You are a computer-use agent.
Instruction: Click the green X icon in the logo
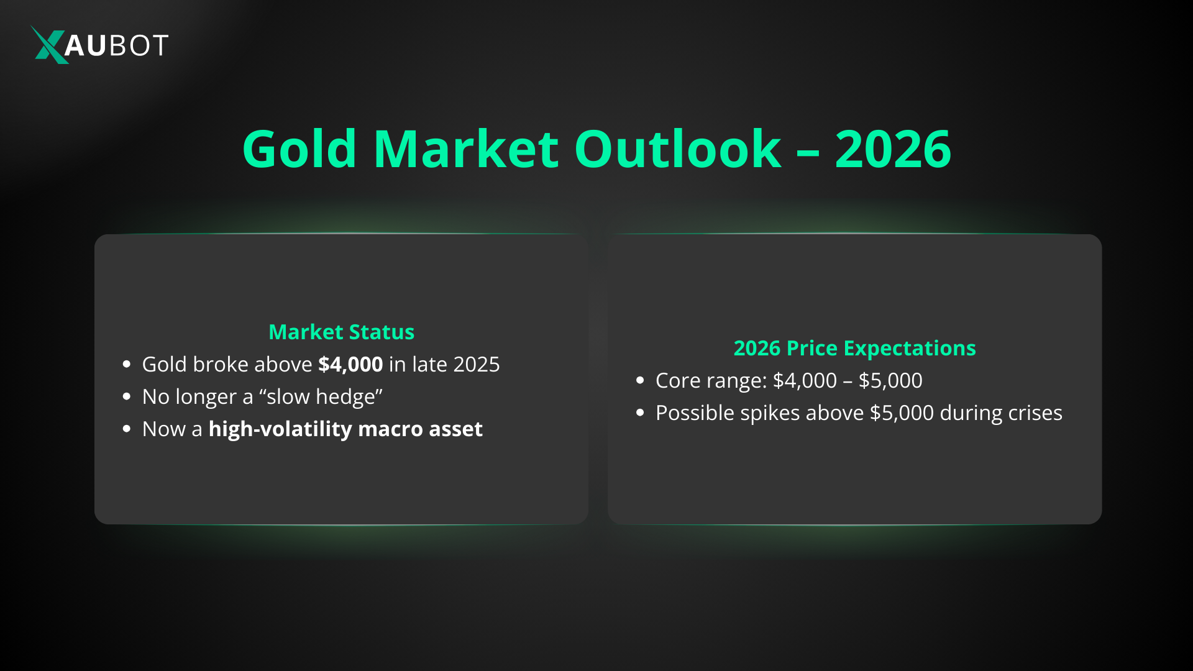pyautogui.click(x=48, y=45)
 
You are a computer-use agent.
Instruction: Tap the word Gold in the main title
pyautogui.click(x=299, y=149)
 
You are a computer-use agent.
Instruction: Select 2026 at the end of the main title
pyautogui.click(x=892, y=149)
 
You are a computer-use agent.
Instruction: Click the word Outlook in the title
pyautogui.click(x=677, y=149)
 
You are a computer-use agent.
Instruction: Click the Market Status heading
pyautogui.click(x=341, y=332)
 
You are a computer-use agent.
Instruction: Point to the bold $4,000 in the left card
pyautogui.click(x=350, y=364)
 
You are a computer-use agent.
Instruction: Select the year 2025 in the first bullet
pyautogui.click(x=476, y=364)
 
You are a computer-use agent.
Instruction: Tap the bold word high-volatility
pyautogui.click(x=280, y=429)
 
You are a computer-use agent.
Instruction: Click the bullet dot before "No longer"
pyautogui.click(x=127, y=396)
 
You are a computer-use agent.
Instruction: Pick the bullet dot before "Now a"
pyautogui.click(x=127, y=429)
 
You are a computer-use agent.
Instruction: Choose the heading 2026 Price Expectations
pyautogui.click(x=854, y=348)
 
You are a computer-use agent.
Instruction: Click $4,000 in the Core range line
pyautogui.click(x=805, y=380)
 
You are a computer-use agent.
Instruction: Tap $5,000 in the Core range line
pyautogui.click(x=890, y=380)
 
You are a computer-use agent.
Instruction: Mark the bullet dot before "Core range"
pyautogui.click(x=640, y=380)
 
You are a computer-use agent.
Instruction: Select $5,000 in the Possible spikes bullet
pyautogui.click(x=902, y=413)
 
